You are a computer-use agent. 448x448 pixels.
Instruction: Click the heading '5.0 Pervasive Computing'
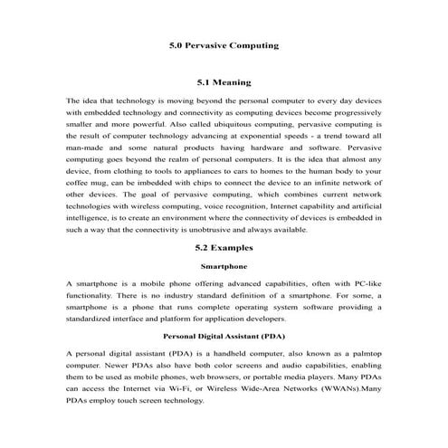point(224,44)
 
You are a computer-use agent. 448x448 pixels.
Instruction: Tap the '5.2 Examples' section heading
point(224,247)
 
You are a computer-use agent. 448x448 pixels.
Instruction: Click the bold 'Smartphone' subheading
point(224,266)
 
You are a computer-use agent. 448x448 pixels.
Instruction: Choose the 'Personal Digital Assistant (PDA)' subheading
point(224,334)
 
